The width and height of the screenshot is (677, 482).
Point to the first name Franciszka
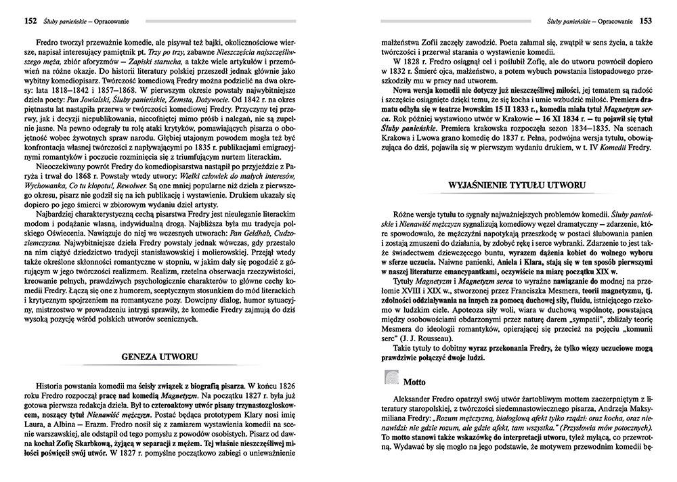click(x=495, y=289)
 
